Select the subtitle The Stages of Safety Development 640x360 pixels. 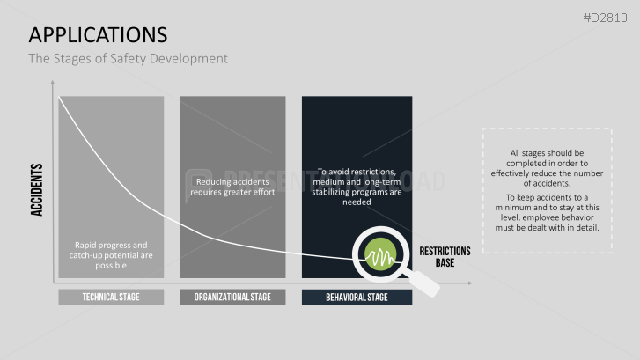pos(128,59)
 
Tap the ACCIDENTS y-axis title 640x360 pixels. pos(37,189)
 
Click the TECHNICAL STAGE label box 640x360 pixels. pos(111,298)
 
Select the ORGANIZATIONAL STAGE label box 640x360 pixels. pos(232,298)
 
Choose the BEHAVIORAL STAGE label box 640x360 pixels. pos(357,298)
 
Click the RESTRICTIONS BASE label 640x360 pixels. pos(445,256)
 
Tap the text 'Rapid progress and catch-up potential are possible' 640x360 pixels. pos(111,256)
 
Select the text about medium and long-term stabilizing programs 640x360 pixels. pos(357,187)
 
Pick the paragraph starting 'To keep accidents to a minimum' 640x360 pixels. pos(547,212)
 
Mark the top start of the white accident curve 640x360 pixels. pos(60,98)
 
